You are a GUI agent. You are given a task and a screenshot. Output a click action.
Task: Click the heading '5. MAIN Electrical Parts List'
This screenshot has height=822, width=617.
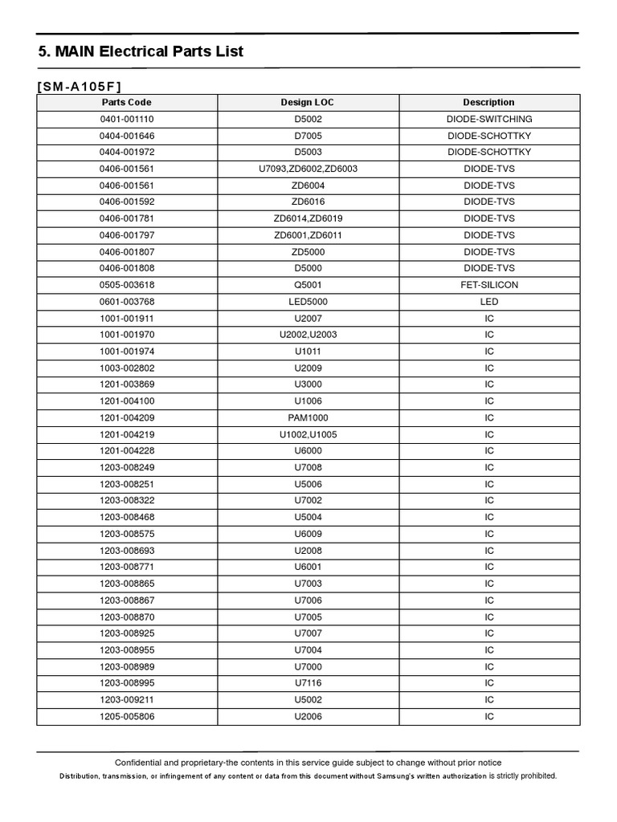[x=141, y=52]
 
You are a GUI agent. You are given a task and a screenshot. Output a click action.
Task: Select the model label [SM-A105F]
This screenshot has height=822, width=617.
[x=80, y=87]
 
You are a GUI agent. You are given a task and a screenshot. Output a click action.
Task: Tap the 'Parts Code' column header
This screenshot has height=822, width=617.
[x=126, y=103]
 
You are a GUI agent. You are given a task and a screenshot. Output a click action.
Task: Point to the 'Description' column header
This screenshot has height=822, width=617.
[x=488, y=103]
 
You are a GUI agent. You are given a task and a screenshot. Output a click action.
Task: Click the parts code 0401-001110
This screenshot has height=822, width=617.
[x=126, y=119]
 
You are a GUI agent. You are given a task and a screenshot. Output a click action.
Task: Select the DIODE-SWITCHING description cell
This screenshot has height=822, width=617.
[x=488, y=119]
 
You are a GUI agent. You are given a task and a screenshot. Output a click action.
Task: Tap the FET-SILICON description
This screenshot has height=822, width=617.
[x=488, y=285]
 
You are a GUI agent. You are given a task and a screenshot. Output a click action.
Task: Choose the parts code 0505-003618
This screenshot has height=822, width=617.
[x=126, y=285]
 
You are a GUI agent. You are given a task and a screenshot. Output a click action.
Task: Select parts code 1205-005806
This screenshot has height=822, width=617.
[x=126, y=716]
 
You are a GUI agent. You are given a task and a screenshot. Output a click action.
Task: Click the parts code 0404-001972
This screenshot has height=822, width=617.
[x=126, y=152]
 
